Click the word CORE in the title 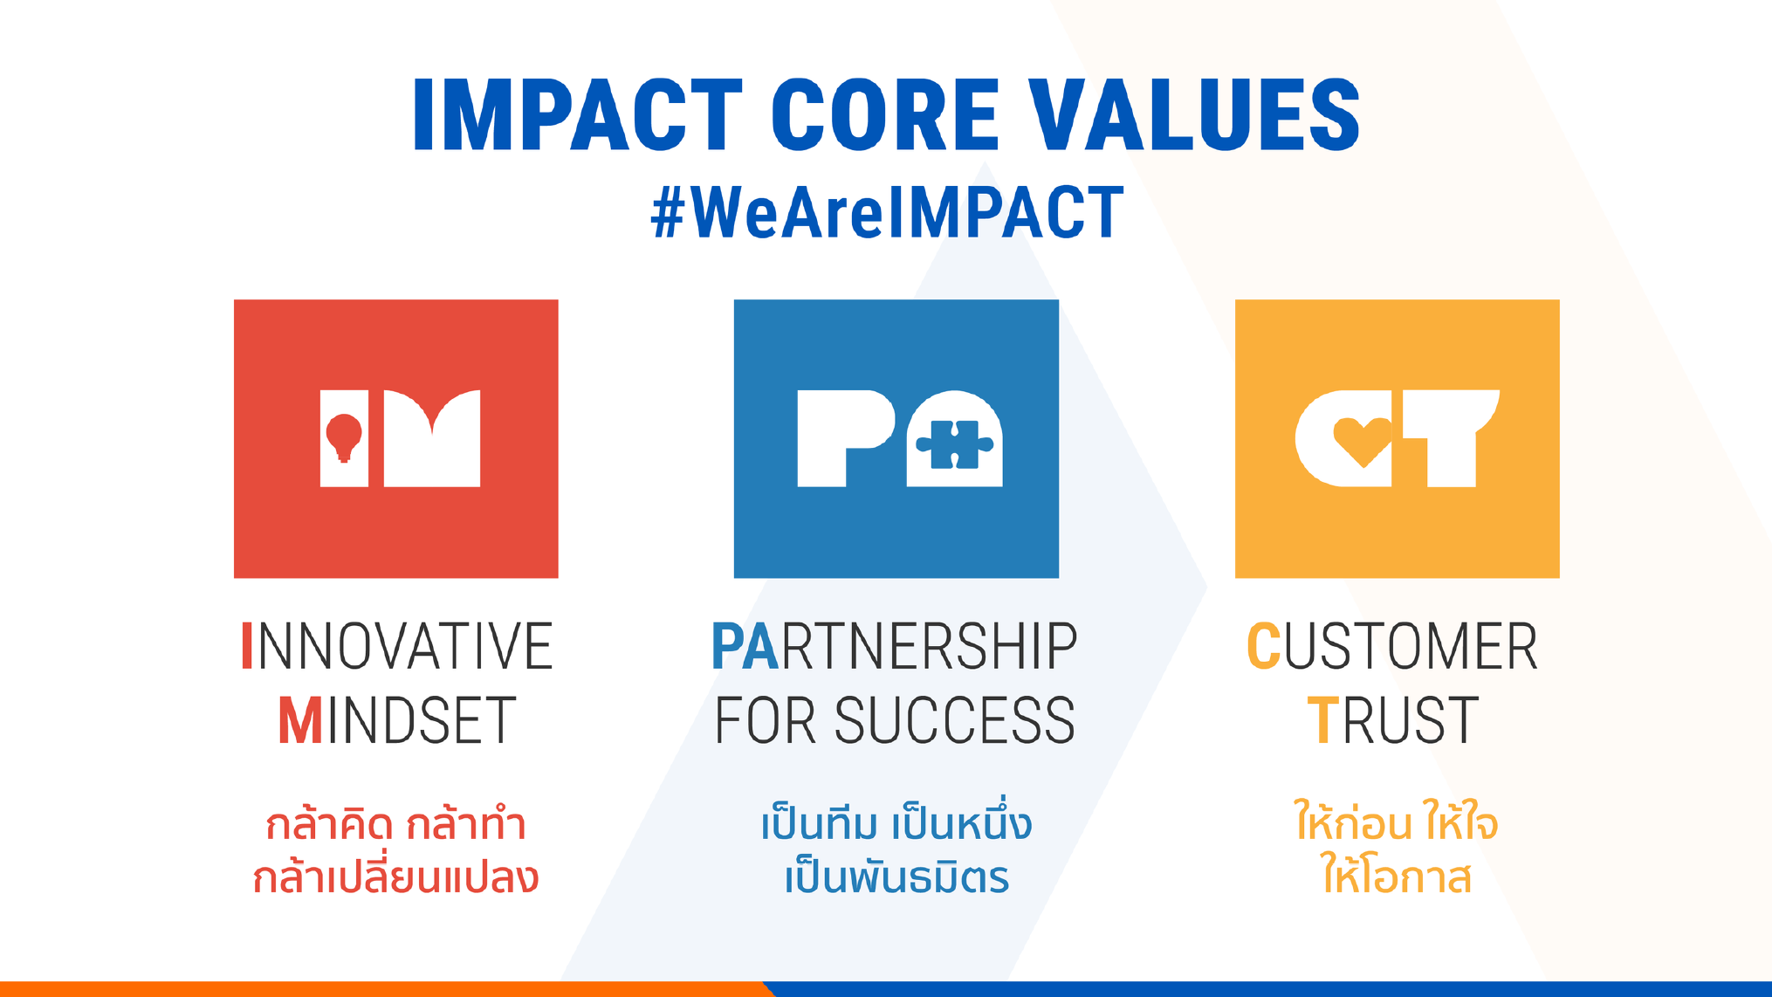pos(885,114)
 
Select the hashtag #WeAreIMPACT pos(887,212)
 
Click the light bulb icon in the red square pos(344,437)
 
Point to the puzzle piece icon pos(954,445)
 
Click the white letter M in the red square pos(432,438)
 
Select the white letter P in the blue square pos(846,438)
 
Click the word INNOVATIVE pos(397,646)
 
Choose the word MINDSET pos(397,720)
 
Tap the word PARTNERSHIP pos(895,646)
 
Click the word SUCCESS pos(955,720)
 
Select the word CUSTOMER pos(1392,646)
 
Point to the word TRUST pos(1393,720)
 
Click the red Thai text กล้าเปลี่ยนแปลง pos(395,875)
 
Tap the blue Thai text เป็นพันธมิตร pos(896,875)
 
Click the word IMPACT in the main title pos(578,114)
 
